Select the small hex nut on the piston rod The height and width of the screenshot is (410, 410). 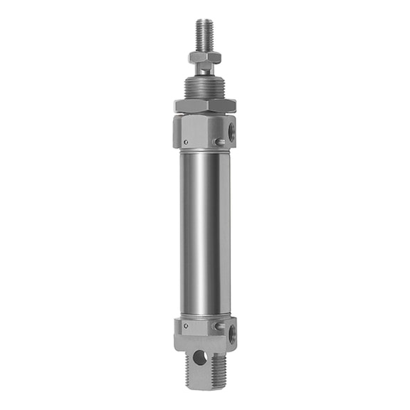coord(205,57)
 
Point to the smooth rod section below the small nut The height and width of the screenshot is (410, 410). coord(205,70)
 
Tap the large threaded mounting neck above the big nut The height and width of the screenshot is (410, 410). coord(205,88)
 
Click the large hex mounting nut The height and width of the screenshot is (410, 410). coord(205,105)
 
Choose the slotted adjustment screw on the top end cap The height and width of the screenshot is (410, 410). coord(221,143)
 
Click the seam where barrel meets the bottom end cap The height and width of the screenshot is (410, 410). coord(205,317)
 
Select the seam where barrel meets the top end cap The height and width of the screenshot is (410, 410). coord(205,149)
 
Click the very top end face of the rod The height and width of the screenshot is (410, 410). coord(205,20)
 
